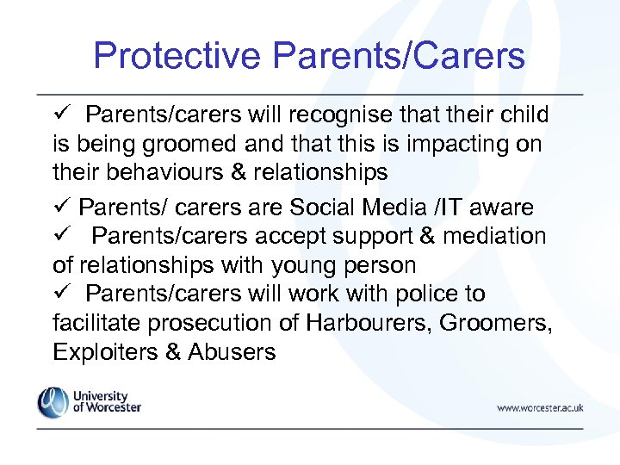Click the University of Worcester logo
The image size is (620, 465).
click(x=89, y=402)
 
